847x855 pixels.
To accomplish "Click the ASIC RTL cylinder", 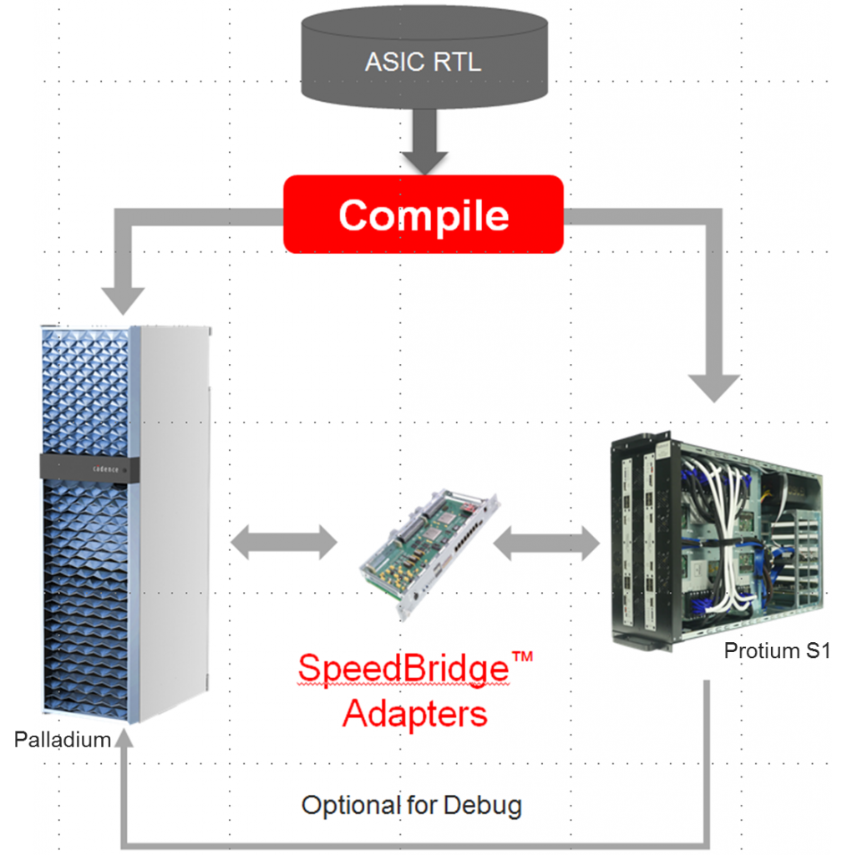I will point(423,58).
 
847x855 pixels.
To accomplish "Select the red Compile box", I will point(423,214).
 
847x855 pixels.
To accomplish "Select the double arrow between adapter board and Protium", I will point(546,544).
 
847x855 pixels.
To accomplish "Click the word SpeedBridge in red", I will point(403,670).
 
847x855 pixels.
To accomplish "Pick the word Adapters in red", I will point(414,715).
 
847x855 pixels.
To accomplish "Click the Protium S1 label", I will point(776,650).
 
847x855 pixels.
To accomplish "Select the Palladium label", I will point(63,739).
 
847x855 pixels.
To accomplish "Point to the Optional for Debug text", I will point(411,806).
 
